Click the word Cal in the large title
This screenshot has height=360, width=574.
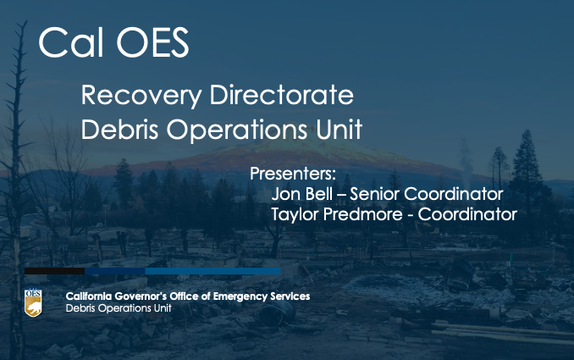[x=70, y=42]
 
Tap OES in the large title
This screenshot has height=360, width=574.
[x=152, y=42]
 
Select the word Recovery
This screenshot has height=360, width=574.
[x=141, y=96]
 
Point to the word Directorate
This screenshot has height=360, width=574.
[x=282, y=95]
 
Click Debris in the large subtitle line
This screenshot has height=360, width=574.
[x=119, y=129]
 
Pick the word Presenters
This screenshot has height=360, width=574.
[x=292, y=174]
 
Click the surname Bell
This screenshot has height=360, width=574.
[x=319, y=193]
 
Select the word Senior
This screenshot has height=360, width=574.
[x=374, y=194]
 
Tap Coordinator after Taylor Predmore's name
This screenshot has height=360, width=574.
[x=467, y=214]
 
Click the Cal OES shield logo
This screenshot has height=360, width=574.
[x=33, y=302]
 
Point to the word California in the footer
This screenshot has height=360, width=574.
[x=89, y=296]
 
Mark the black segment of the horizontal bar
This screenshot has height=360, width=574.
[x=54, y=271]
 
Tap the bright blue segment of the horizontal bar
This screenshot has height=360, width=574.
[x=212, y=271]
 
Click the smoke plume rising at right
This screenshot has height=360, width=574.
[x=466, y=160]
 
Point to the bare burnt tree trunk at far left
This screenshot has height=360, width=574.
[x=16, y=191]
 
